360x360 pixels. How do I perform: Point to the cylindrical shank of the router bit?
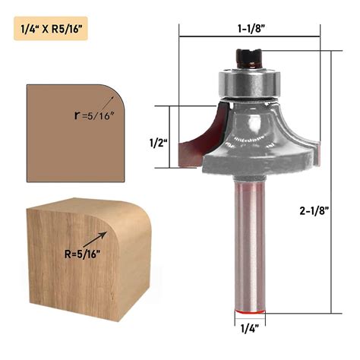(248, 243)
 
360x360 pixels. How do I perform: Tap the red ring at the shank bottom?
(248, 312)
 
